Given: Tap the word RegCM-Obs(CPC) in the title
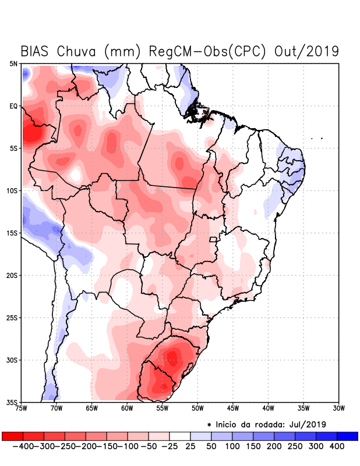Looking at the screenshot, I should point(208,51).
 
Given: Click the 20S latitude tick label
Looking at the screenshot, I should point(12,276).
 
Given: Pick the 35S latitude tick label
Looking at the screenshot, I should point(12,402).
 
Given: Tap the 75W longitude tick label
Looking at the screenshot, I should point(22,408).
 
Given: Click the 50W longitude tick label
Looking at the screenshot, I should point(197,408).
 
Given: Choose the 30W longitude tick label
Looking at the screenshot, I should point(338,408).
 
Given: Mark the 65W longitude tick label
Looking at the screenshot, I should point(92,408).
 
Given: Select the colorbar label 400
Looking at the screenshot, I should point(337,446).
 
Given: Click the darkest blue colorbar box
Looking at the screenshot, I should point(347,436).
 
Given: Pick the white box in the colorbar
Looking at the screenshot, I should point(180,436).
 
